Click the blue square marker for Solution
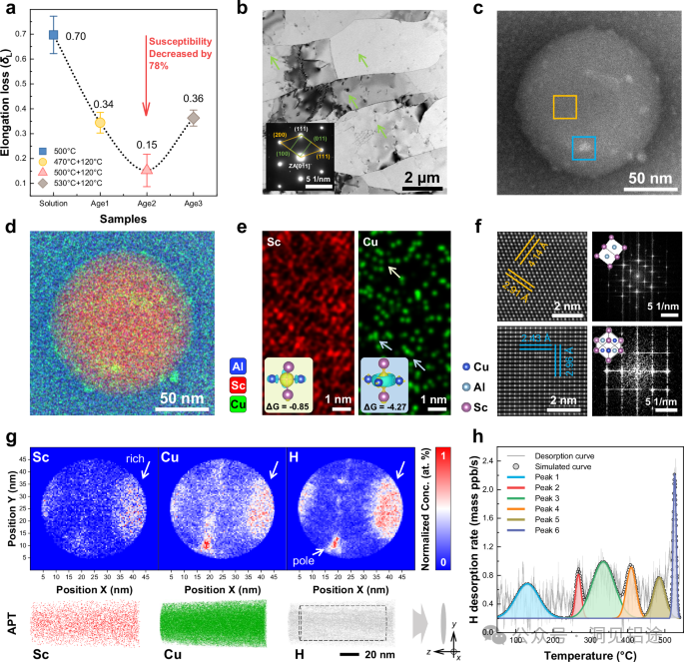pos(54,34)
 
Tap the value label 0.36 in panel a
pos(194,98)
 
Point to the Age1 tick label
pos(101,203)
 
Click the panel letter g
pos(10,441)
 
